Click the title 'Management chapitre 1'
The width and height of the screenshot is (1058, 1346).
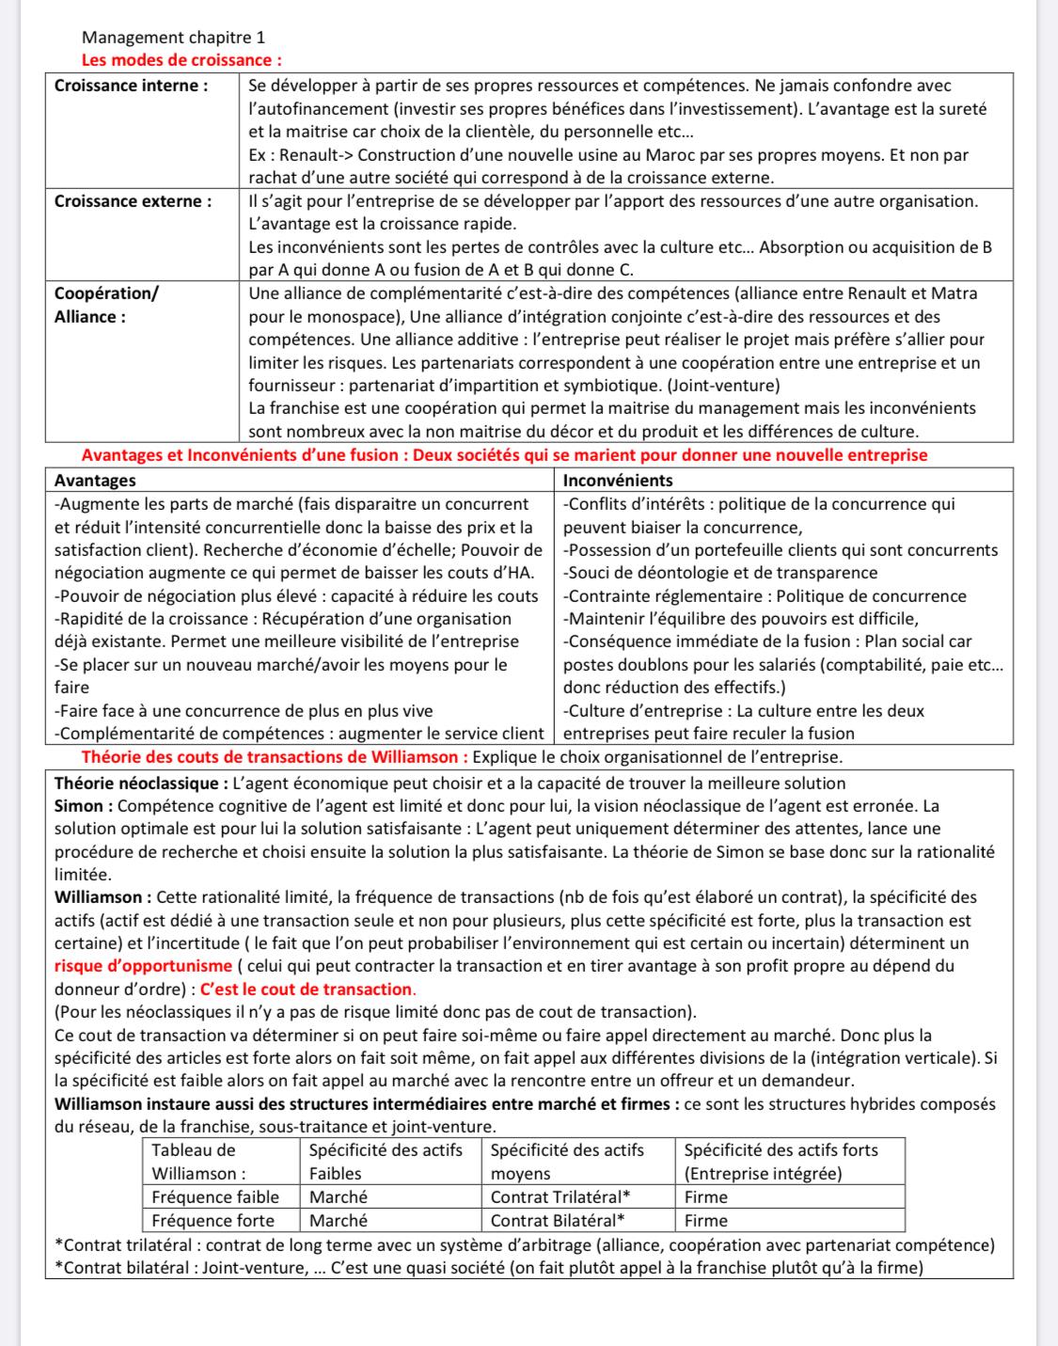(173, 38)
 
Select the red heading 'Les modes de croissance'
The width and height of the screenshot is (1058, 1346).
(182, 60)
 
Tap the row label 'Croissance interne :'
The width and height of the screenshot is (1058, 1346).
(132, 86)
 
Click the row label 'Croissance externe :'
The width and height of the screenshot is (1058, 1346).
(133, 201)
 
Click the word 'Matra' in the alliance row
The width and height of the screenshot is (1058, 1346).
(956, 293)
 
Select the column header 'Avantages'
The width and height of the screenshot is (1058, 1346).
(95, 481)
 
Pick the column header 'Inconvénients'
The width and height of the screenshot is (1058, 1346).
(617, 481)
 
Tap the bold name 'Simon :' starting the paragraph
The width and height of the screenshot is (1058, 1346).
(84, 806)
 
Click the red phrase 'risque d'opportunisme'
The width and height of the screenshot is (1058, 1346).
(143, 966)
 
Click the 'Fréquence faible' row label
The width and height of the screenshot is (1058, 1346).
(215, 1197)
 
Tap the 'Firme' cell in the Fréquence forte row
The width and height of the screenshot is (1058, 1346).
(705, 1221)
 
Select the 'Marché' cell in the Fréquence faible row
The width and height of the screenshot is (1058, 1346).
(339, 1197)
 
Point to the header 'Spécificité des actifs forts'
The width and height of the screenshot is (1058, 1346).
(781, 1149)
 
